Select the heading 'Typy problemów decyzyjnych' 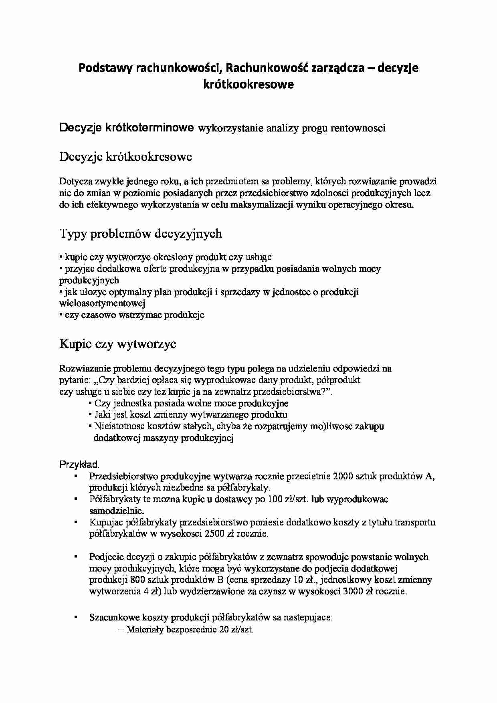140,234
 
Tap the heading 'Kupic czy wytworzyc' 117,344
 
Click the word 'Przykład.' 79,465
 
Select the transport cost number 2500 214,534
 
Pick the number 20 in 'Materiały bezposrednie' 224,630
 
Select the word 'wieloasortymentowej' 102,303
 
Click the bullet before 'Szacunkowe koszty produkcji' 75,618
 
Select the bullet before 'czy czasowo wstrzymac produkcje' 61,315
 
